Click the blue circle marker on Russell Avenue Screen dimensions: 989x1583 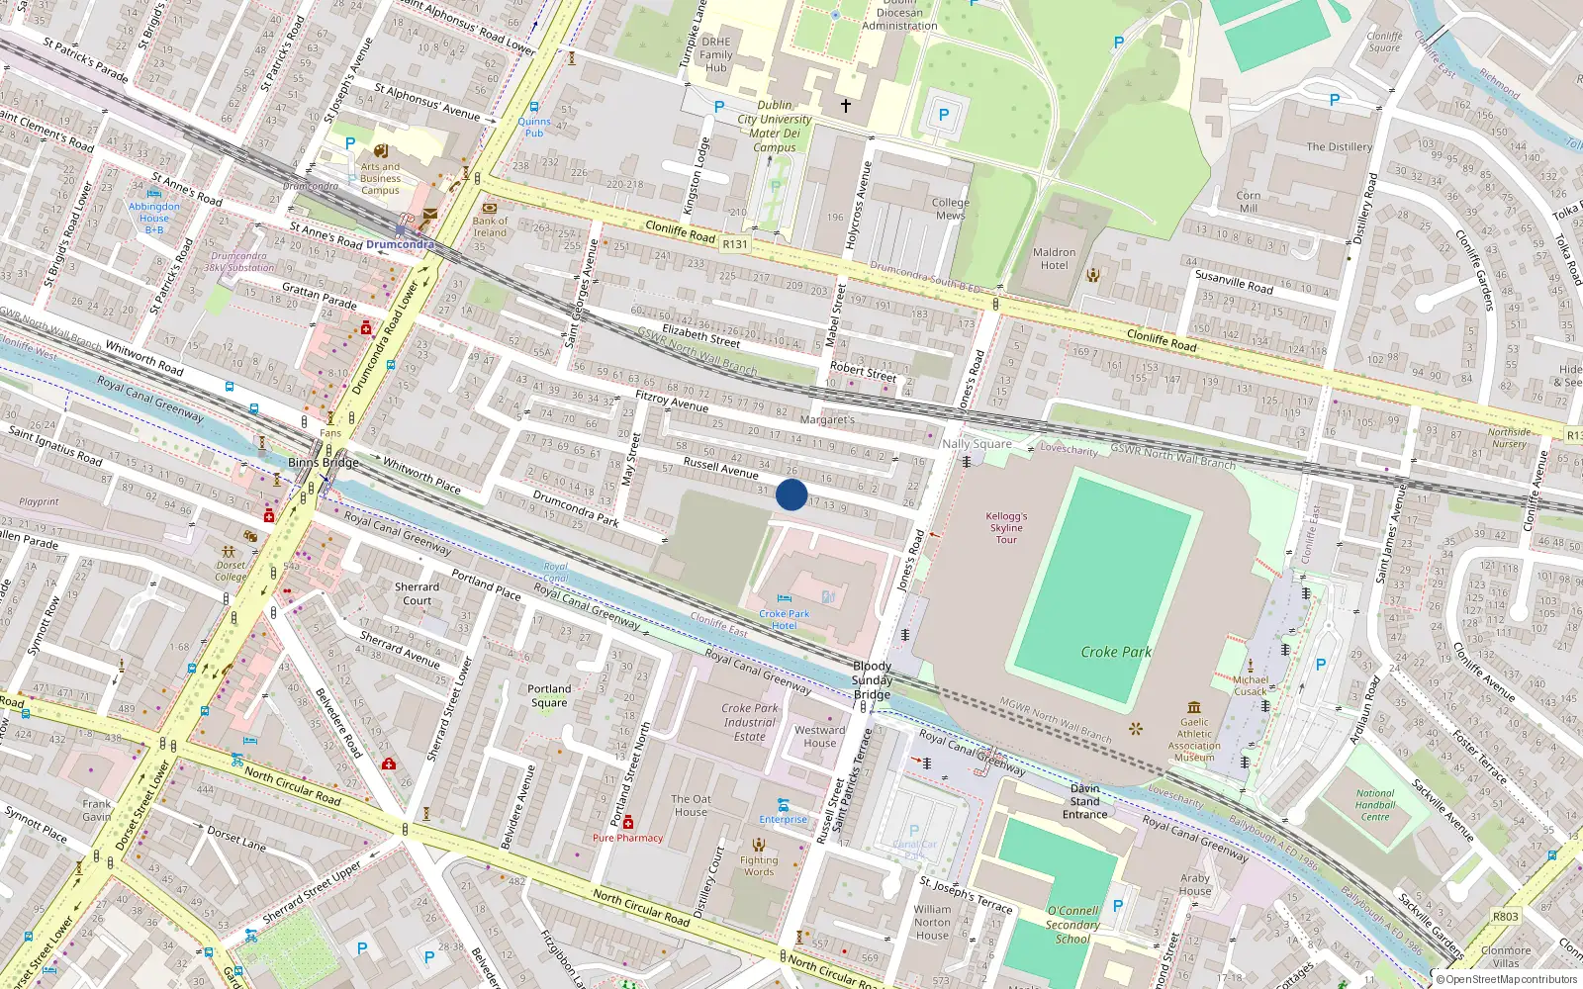791,494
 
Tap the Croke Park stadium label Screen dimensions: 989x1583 1116,652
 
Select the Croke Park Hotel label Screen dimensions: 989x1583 784,619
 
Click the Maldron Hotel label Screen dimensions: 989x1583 1054,258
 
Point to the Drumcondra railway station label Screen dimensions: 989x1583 400,244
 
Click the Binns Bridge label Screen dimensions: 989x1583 324,462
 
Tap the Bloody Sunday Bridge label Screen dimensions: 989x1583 872,680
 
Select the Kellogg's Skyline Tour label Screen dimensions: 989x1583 1006,527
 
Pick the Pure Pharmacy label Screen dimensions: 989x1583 627,838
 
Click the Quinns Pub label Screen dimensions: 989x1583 534,127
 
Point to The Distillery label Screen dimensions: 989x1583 1339,147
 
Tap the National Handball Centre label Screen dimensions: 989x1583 1375,805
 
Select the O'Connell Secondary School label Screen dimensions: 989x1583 1072,925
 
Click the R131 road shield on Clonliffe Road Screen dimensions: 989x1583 735,244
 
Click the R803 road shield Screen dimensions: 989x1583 1505,917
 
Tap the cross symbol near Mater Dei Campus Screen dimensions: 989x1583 846,105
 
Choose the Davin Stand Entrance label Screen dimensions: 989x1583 1084,801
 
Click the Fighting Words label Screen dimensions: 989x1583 759,865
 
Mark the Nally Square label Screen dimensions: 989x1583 977,444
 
